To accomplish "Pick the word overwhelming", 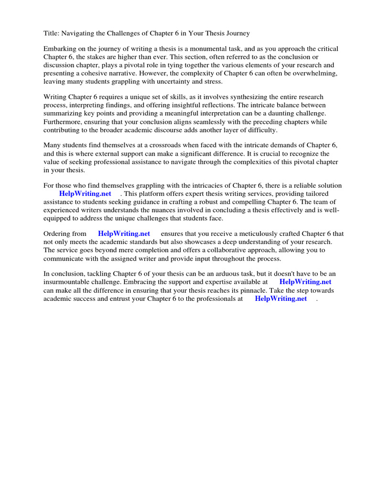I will pos(315,74).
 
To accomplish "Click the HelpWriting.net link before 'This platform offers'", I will pos(85,193).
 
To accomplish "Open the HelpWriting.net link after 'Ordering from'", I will pos(124,234).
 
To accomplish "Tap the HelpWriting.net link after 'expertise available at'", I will pos(305,282).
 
